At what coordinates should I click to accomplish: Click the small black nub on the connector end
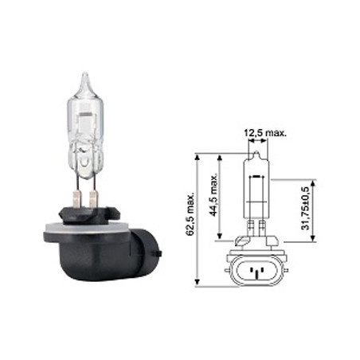[158, 253]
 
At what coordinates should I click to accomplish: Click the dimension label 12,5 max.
[265, 133]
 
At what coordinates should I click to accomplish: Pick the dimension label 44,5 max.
[213, 194]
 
